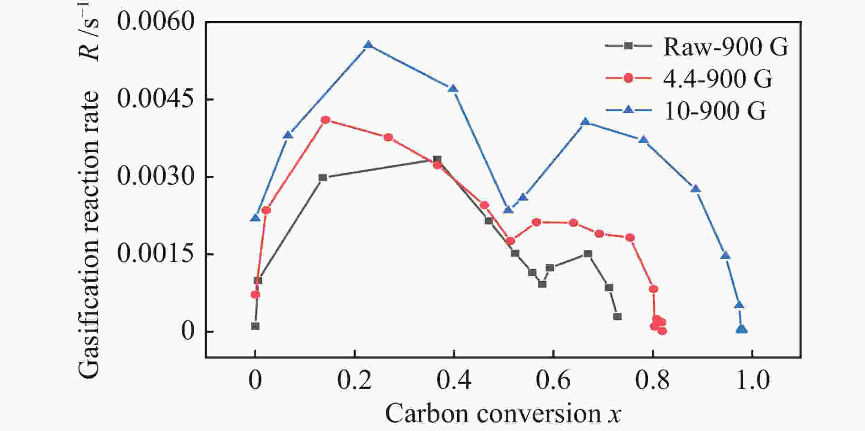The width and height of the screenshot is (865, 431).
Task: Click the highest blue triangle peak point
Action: click(x=368, y=45)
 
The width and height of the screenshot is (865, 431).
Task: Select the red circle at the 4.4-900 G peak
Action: click(x=325, y=120)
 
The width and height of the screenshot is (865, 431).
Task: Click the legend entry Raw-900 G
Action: click(x=725, y=46)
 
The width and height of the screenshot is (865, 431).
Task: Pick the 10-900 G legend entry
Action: click(x=714, y=110)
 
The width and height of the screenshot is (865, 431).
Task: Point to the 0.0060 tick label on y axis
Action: click(x=156, y=22)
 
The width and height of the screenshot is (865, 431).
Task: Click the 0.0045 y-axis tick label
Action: click(x=156, y=99)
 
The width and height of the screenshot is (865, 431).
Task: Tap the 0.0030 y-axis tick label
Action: click(x=156, y=176)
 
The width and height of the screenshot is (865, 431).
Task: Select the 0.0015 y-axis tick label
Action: click(x=156, y=254)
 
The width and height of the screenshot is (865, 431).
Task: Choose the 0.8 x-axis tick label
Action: click(x=652, y=381)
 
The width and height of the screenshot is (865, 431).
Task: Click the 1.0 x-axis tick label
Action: click(x=752, y=381)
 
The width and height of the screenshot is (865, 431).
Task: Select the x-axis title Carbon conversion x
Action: click(x=503, y=414)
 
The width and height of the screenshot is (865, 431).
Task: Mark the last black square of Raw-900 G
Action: click(x=617, y=316)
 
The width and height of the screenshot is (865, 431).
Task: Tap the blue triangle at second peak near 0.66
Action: click(x=585, y=122)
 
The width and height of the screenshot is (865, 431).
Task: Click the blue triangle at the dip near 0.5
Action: click(x=508, y=210)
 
